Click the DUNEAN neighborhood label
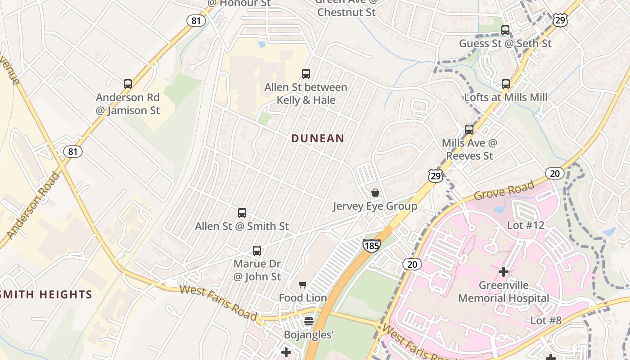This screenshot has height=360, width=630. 318,139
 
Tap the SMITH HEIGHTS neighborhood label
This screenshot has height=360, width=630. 46,295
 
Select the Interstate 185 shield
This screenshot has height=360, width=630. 371,245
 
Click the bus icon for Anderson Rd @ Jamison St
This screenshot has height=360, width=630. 128,84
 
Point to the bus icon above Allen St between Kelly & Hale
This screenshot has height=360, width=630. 306,74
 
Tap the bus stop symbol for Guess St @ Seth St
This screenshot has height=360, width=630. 505,31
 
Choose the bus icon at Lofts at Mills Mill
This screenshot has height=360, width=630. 506,84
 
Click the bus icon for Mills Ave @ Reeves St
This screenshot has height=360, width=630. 469,130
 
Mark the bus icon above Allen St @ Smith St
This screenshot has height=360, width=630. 242,213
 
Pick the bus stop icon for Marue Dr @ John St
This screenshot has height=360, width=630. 257,251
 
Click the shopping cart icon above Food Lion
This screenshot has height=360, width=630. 303,284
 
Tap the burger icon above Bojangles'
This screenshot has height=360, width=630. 309,321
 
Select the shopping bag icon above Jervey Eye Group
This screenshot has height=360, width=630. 375,193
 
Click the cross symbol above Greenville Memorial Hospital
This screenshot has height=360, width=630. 504,272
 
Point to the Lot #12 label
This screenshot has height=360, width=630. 526,225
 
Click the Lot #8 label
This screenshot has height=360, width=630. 546,321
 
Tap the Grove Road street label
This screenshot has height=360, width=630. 504,191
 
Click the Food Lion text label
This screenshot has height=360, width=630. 303,298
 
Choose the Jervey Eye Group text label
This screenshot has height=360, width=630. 375,207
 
